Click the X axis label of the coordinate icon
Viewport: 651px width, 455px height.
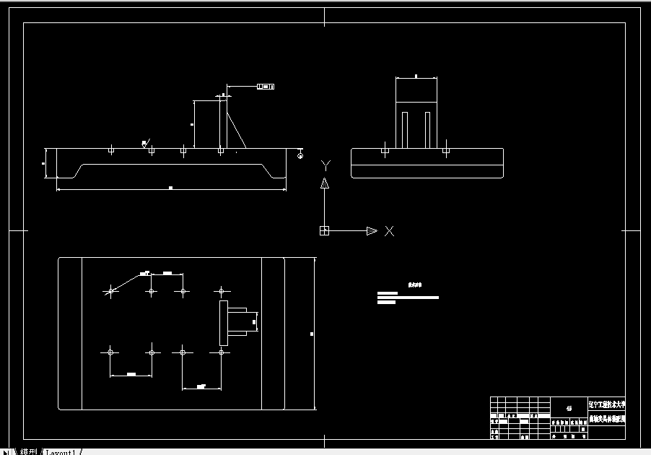tap(390, 231)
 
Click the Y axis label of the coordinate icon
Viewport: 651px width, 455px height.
tap(325, 165)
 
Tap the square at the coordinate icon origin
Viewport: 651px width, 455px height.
tap(324, 231)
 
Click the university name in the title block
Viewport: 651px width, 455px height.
tap(607, 406)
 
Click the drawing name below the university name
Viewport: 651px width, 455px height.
tap(607, 418)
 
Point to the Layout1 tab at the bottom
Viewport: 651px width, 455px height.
tap(61, 452)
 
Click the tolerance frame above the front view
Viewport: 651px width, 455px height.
tap(266, 87)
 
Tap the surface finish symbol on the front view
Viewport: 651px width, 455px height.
tap(145, 143)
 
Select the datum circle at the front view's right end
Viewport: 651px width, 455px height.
tap(300, 154)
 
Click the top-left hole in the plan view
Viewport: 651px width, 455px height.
tap(110, 291)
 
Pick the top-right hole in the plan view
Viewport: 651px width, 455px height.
tap(222, 291)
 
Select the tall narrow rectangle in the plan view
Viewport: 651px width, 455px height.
tap(223, 322)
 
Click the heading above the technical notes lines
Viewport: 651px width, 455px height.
tap(414, 285)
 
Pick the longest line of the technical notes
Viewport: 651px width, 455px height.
tap(408, 298)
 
